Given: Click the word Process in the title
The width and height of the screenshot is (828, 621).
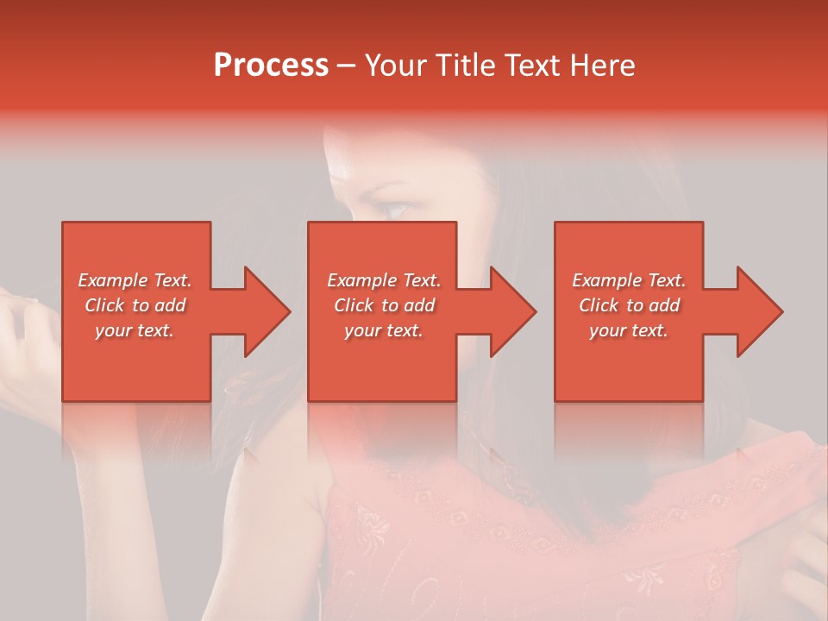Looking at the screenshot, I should pyautogui.click(x=271, y=66).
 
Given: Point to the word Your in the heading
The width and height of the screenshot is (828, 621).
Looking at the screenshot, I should pyautogui.click(x=398, y=66).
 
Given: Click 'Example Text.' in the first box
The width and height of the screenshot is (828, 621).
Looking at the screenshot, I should pyautogui.click(x=135, y=280).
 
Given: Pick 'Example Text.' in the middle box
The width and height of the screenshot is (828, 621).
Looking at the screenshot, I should pyautogui.click(x=384, y=280).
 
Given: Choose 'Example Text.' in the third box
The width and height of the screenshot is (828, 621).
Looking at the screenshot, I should pyautogui.click(x=629, y=280).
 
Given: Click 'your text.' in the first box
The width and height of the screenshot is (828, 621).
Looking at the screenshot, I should pyautogui.click(x=135, y=330).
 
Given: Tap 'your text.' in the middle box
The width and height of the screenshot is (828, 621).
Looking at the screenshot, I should pyautogui.click(x=384, y=330).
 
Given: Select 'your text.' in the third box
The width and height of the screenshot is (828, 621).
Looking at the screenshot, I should pyautogui.click(x=629, y=330).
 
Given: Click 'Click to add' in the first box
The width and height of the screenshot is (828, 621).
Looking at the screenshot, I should pyautogui.click(x=135, y=305).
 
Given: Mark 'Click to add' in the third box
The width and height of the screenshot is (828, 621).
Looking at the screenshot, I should pyautogui.click(x=629, y=305).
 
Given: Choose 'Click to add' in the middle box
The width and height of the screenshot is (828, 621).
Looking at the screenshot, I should pyautogui.click(x=384, y=305).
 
